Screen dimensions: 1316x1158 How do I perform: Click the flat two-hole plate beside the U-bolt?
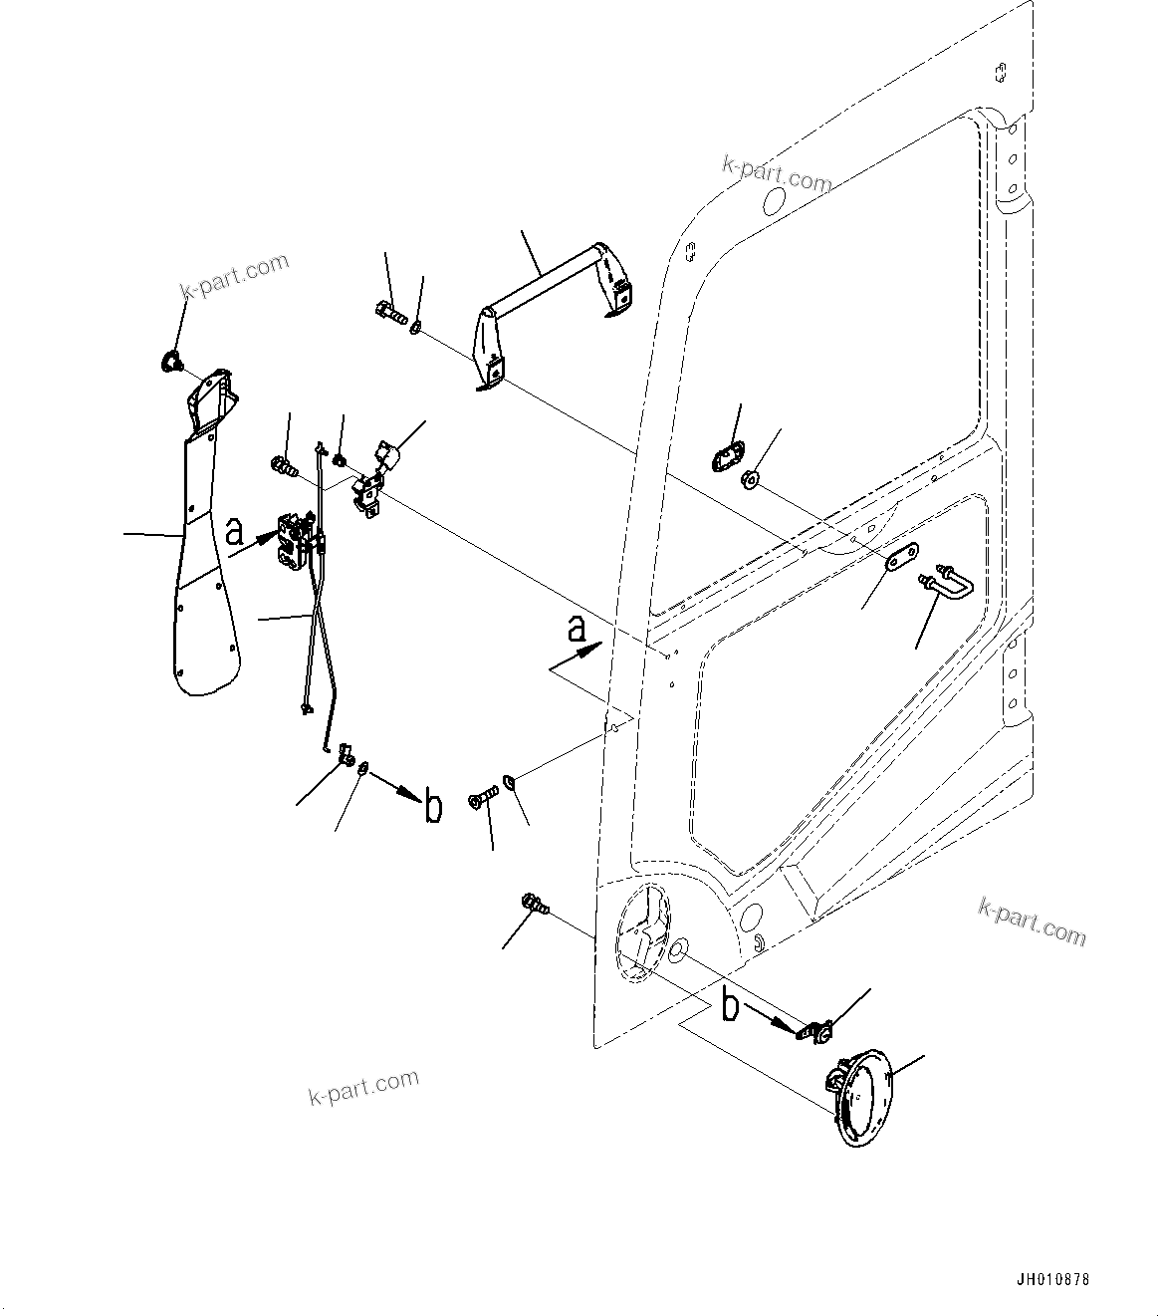pyautogui.click(x=901, y=557)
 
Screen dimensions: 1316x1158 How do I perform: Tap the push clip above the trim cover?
pyautogui.click(x=170, y=362)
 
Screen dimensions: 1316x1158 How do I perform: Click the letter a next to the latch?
pyautogui.click(x=234, y=531)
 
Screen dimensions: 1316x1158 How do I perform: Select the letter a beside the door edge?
pyautogui.click(x=575, y=630)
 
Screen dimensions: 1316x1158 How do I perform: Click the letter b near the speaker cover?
pyautogui.click(x=730, y=1006)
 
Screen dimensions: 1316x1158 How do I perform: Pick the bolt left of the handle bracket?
pyautogui.click(x=389, y=315)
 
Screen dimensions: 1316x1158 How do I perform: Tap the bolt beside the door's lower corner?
pyautogui.click(x=534, y=906)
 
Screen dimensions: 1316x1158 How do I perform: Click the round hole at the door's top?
pyautogui.click(x=773, y=202)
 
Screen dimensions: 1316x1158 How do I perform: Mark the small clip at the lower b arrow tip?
pyautogui.click(x=816, y=1031)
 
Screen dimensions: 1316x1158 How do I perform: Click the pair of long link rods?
pyautogui.click(x=319, y=638)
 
